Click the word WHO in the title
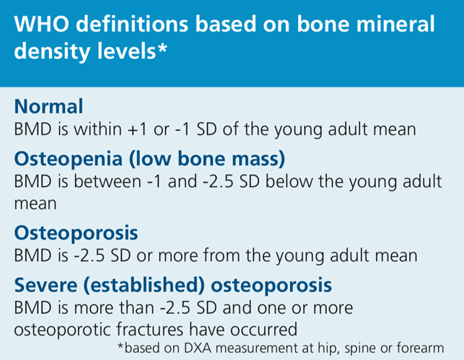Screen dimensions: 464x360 pyautogui.click(x=42, y=24)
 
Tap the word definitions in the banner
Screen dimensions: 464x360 pyautogui.click(x=132, y=24)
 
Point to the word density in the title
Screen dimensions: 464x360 pyautogui.click(x=53, y=51)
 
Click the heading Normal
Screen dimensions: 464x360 pyautogui.click(x=48, y=106)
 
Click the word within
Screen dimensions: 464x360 pyautogui.click(x=97, y=129)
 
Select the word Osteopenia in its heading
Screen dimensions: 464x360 pyautogui.click(x=69, y=159)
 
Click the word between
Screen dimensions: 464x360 pyautogui.click(x=107, y=181)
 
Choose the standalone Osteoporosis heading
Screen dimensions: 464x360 pyautogui.click(x=76, y=233)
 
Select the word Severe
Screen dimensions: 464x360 pyautogui.click(x=45, y=285)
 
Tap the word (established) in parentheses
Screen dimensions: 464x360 pyautogui.click(x=144, y=285)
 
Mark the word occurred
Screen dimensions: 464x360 pyautogui.click(x=264, y=330)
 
